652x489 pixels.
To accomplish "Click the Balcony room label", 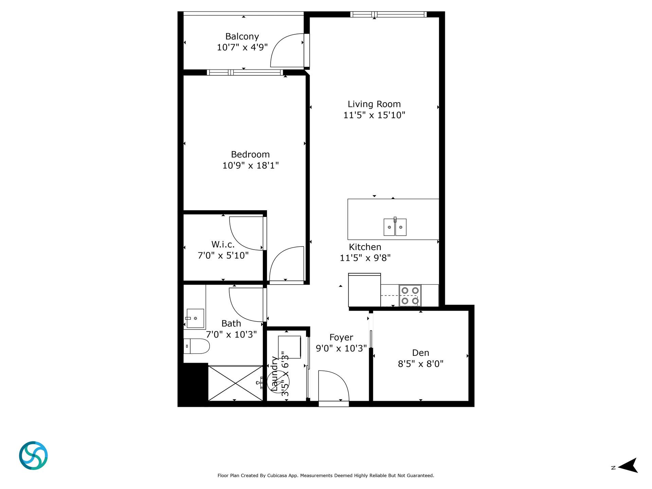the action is [x=242, y=36].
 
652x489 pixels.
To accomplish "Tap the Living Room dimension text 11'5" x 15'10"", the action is [x=374, y=115].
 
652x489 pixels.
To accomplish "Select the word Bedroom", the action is [x=250, y=155].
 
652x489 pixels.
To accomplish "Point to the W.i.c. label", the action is [x=223, y=244].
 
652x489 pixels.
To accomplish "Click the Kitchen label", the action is [x=365, y=247].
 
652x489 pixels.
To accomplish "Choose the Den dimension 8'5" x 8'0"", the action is [x=421, y=364].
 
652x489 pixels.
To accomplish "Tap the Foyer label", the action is [x=341, y=338].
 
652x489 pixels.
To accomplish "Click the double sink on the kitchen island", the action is [x=395, y=227].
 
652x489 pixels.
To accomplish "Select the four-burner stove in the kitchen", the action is [x=410, y=295].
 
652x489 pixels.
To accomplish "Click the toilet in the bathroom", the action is [x=197, y=346].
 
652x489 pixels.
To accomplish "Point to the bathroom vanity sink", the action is [x=195, y=318].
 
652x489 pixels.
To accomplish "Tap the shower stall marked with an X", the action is [x=235, y=383].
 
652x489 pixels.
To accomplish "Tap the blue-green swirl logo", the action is [x=33, y=456].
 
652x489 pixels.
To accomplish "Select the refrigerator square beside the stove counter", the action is [x=364, y=290].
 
